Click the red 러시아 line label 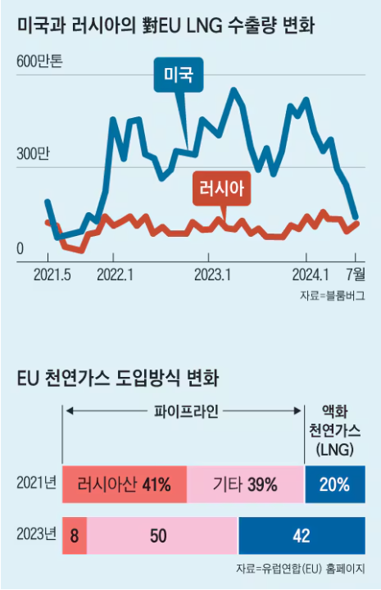click(220, 190)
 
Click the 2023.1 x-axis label click(211, 273)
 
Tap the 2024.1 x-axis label click(311, 273)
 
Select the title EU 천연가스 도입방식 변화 click(118, 378)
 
